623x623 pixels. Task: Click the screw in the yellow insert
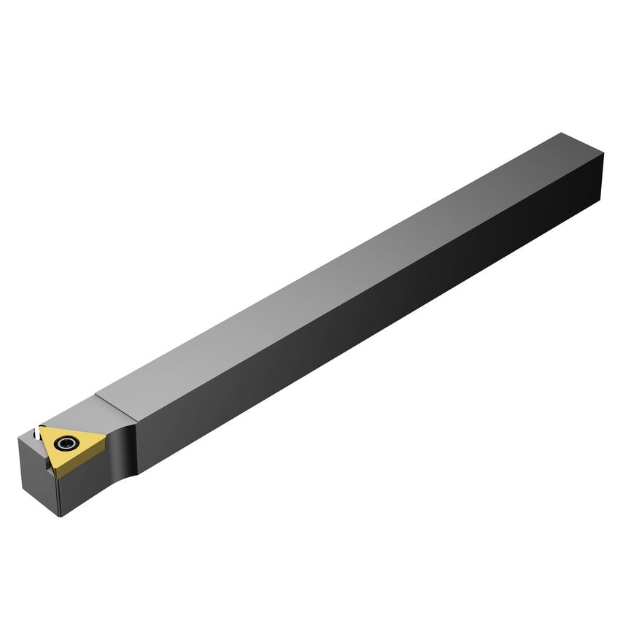coord(68,442)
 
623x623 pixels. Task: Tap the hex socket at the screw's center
coord(68,442)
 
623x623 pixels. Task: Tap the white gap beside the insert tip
coord(34,436)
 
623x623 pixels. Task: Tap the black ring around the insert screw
coord(73,442)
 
